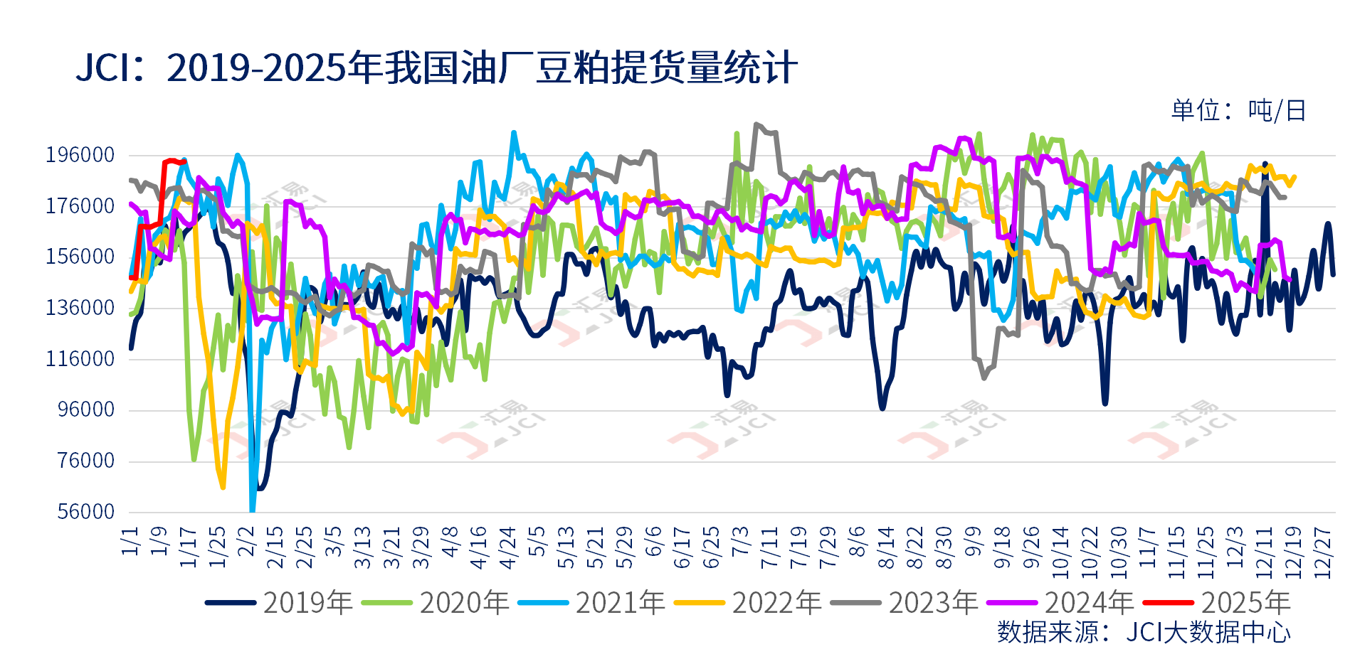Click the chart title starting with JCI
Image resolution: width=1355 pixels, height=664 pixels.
pos(436,68)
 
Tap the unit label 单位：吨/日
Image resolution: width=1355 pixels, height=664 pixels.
pos(1238,111)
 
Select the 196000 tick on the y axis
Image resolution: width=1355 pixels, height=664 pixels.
pos(80,155)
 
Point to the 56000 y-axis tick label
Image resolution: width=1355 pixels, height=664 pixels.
pos(85,512)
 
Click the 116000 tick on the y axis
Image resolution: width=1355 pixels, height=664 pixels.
pos(80,359)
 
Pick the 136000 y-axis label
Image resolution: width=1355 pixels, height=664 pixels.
pos(80,308)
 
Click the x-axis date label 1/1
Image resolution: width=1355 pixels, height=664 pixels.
pos(130,541)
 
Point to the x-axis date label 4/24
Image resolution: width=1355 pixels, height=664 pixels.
pos(507,548)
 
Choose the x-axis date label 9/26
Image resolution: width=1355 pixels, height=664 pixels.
pos(1030,548)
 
